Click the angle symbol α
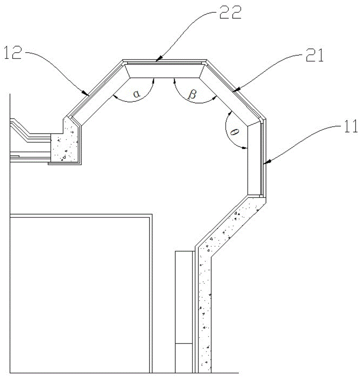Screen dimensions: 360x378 [135, 94]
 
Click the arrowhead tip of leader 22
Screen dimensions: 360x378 [156, 60]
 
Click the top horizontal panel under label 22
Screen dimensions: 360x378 [164, 70]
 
